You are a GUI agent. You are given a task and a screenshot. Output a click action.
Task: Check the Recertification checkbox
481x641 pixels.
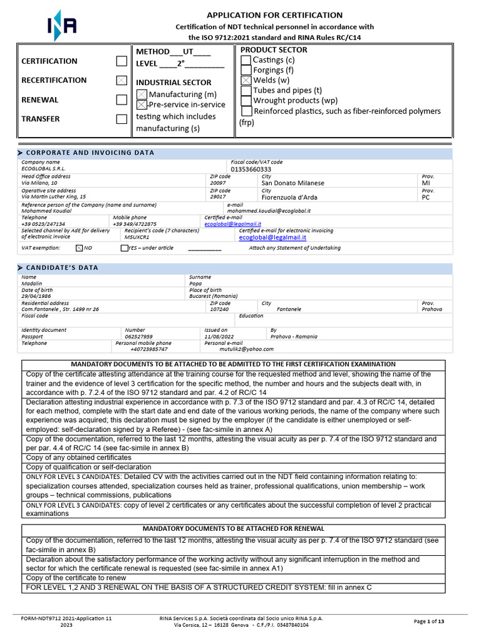point(122,80)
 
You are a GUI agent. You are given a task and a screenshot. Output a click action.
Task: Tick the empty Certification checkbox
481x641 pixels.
point(122,61)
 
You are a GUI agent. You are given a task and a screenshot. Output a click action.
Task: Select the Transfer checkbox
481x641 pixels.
point(122,119)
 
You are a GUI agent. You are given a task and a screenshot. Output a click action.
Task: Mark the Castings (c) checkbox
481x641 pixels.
point(246,59)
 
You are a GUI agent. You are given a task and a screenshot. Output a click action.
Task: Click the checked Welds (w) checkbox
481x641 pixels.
point(246,80)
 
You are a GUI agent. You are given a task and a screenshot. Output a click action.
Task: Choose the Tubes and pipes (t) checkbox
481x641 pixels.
point(246,90)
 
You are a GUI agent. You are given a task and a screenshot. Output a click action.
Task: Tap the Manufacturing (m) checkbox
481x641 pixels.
point(142,94)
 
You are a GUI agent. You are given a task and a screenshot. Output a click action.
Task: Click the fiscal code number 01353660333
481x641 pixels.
point(251,169)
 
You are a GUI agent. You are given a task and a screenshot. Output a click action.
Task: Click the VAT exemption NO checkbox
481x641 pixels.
point(79,248)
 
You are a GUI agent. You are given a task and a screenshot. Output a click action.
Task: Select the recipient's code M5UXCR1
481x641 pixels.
point(137,237)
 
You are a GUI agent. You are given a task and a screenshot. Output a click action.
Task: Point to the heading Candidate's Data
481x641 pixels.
point(62,268)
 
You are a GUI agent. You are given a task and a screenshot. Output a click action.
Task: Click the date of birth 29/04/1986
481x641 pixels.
point(37,296)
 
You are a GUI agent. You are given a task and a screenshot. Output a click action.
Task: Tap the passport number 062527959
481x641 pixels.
point(139,336)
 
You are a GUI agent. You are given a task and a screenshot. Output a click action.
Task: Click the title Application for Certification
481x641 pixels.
point(274,15)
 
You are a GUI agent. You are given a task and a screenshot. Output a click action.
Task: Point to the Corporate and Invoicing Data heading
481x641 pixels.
point(90,153)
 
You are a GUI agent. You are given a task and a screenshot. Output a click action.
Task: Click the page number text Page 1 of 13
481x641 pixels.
point(429,621)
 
